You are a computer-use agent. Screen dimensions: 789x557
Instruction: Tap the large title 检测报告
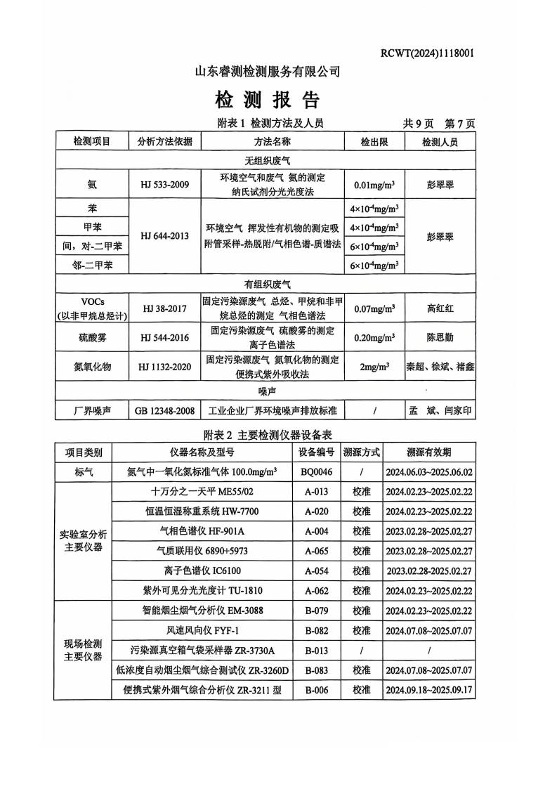tap(267, 98)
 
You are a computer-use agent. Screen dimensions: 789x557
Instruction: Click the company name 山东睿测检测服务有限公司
tap(267, 71)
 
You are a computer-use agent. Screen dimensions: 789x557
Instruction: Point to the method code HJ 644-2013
tap(164, 236)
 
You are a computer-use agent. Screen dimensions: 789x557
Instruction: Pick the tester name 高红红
tap(440, 308)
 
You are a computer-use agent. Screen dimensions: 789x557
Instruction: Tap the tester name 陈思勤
tap(440, 338)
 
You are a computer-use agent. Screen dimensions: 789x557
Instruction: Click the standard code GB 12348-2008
tap(164, 410)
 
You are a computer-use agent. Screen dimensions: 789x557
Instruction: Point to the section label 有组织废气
tap(267, 284)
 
